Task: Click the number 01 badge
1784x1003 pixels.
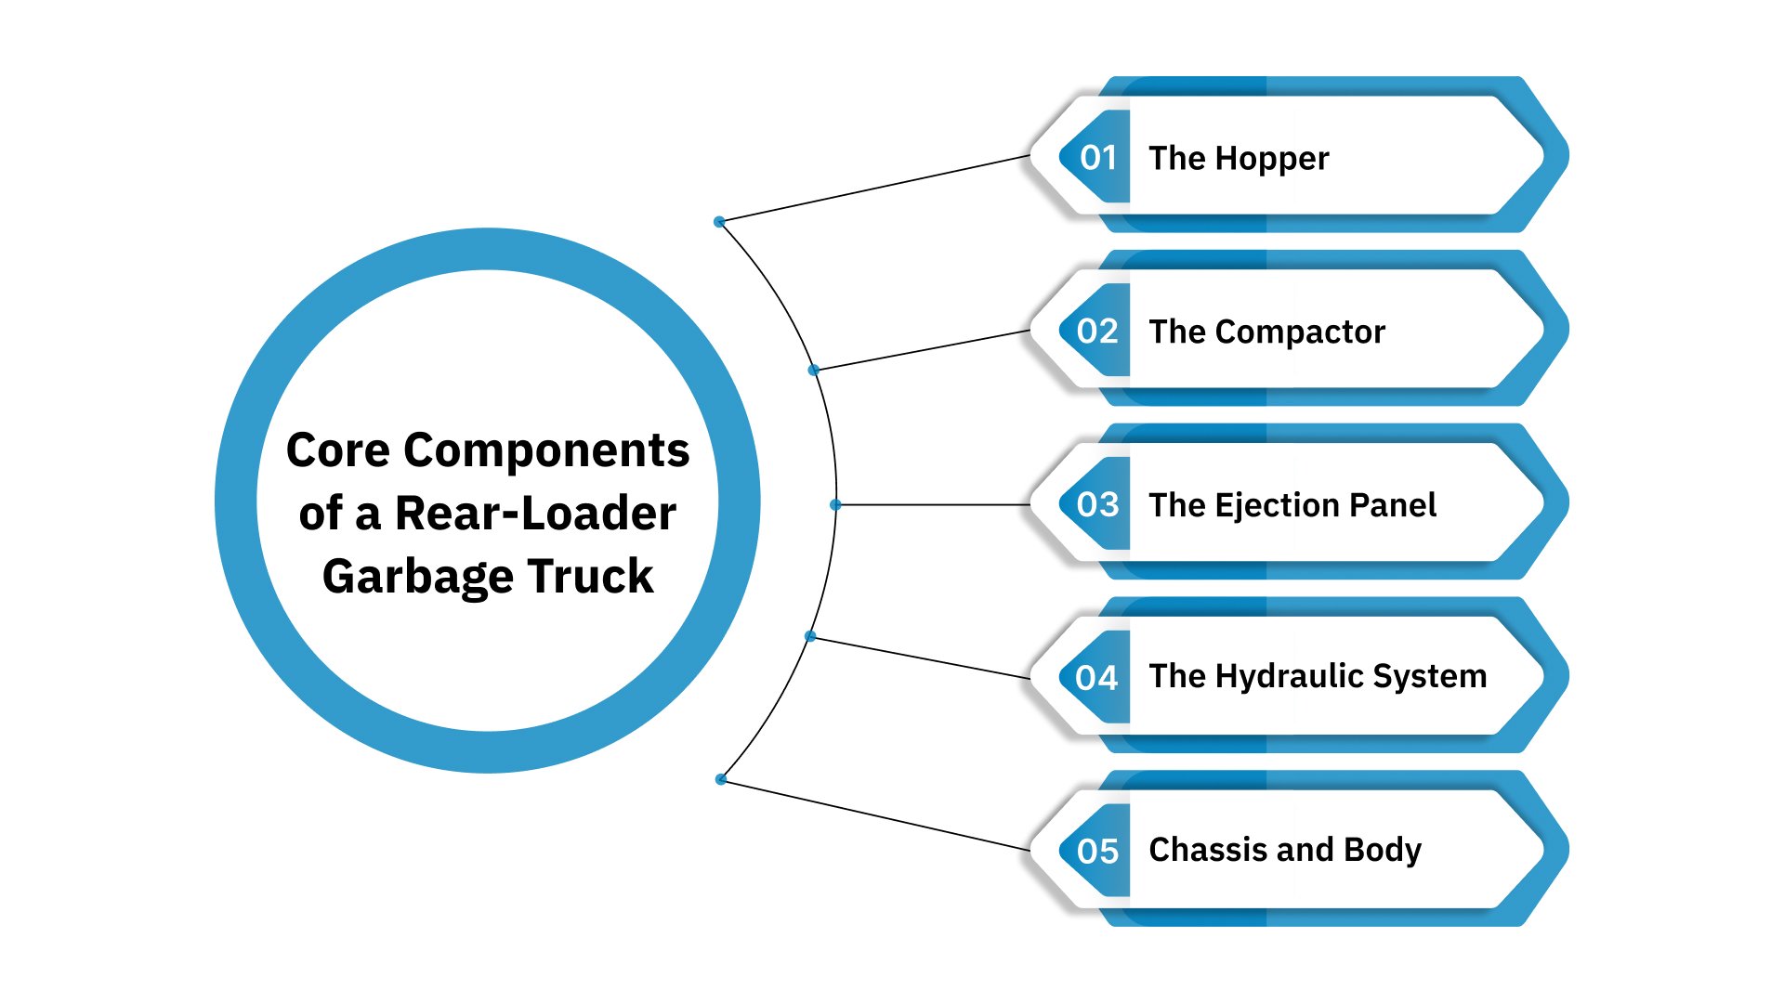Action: pyautogui.click(x=1096, y=157)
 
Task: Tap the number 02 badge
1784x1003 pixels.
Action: pyautogui.click(x=1096, y=331)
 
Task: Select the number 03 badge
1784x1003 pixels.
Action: pyautogui.click(x=1096, y=504)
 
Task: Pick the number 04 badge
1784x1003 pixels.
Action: pyautogui.click(x=1096, y=677)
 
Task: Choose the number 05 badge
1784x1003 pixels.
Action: pyautogui.click(x=1096, y=851)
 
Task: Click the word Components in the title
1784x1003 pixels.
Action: pyautogui.click(x=546, y=451)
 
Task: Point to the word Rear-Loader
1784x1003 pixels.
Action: pyautogui.click(x=535, y=514)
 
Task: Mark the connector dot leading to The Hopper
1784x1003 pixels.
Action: pyautogui.click(x=719, y=222)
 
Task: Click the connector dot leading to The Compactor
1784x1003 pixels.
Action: pyautogui.click(x=814, y=370)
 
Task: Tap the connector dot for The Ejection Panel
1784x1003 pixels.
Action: pyautogui.click(x=835, y=504)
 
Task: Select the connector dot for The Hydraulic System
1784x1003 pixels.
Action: pyautogui.click(x=810, y=636)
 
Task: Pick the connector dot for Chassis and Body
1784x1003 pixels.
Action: pyautogui.click(x=721, y=779)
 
